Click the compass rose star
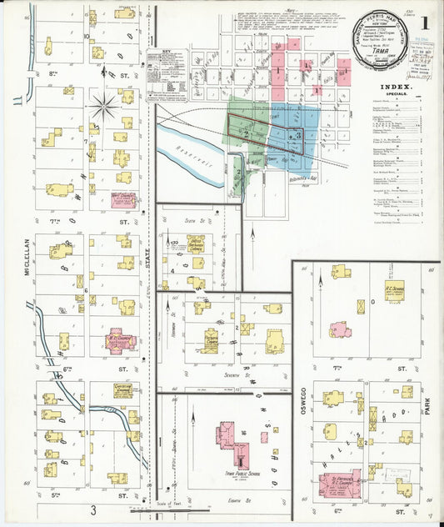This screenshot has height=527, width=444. pyautogui.click(x=105, y=106)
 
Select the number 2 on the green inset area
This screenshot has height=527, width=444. pyautogui.click(x=246, y=133)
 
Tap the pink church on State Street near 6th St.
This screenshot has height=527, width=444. pyautogui.click(x=122, y=341)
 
